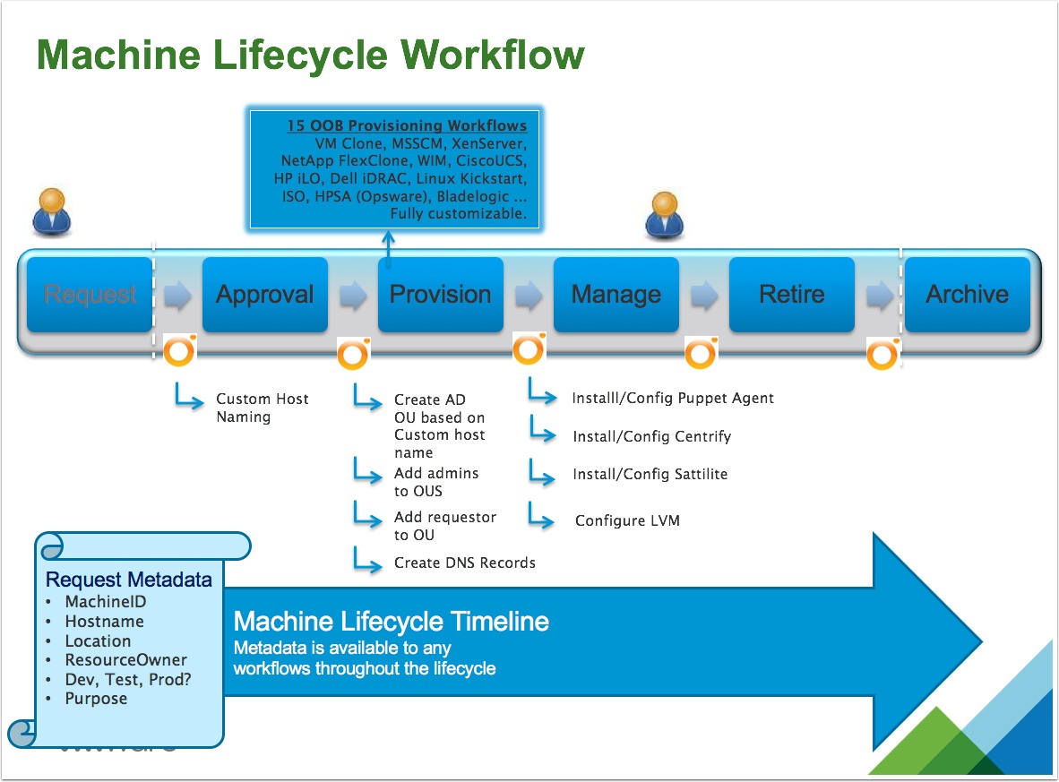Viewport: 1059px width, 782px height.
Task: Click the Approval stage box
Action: (265, 295)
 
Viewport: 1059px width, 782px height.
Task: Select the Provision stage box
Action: (440, 295)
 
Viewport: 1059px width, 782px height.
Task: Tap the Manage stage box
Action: (616, 295)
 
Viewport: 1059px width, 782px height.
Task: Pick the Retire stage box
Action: (791, 295)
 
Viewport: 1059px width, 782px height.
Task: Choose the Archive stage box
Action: (967, 295)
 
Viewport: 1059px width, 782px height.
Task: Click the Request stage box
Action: (90, 295)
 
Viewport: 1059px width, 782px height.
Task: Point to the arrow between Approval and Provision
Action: (354, 296)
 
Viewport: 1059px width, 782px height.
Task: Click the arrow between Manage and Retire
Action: (704, 296)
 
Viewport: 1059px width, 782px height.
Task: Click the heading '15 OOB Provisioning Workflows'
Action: (407, 126)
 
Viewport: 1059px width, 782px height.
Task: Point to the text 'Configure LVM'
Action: (627, 520)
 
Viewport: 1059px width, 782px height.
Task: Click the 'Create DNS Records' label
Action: (464, 563)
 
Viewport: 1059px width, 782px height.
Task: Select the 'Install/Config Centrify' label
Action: (651, 436)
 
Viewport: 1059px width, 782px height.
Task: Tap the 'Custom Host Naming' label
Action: (262, 408)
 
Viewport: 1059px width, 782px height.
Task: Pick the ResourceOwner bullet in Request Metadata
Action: (125, 660)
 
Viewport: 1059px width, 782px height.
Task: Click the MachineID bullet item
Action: (105, 602)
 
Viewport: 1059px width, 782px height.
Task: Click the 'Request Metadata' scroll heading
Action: (129, 579)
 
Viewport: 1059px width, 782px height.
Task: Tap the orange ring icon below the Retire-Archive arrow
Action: (882, 356)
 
